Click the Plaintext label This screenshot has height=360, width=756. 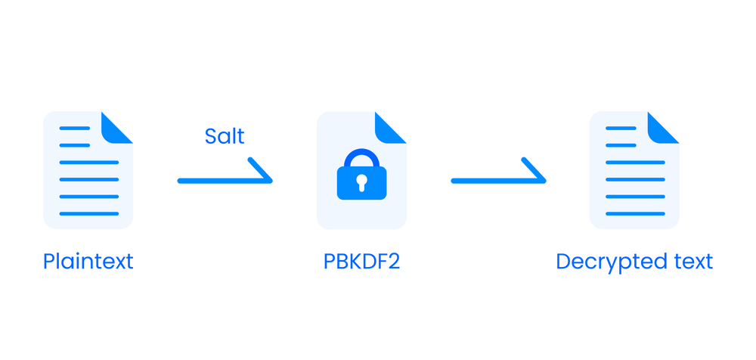click(x=88, y=262)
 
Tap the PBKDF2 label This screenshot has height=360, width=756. click(x=361, y=262)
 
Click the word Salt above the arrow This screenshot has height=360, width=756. click(x=225, y=136)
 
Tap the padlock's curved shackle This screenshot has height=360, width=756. click(x=361, y=158)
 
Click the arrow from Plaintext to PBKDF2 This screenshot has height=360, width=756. click(x=224, y=180)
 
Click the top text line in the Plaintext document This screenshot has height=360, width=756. click(x=75, y=127)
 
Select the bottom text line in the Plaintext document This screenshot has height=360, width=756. click(x=88, y=214)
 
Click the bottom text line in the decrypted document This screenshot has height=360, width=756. click(x=636, y=214)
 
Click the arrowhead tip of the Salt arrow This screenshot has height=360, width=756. click(x=271, y=180)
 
